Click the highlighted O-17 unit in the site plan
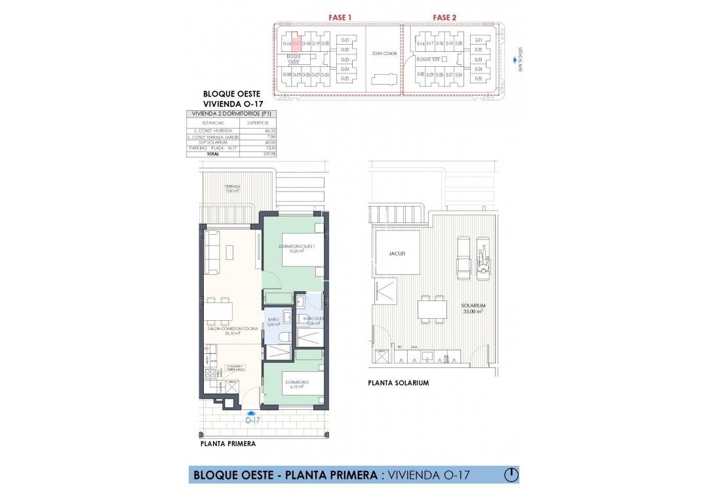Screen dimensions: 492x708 tap(296, 44)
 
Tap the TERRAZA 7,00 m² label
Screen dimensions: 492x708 tap(232, 188)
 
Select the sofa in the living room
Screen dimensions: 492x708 tap(212, 253)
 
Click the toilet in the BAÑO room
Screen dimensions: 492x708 tap(283, 337)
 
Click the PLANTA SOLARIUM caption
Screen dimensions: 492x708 tap(398, 383)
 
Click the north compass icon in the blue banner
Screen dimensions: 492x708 tap(510, 474)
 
